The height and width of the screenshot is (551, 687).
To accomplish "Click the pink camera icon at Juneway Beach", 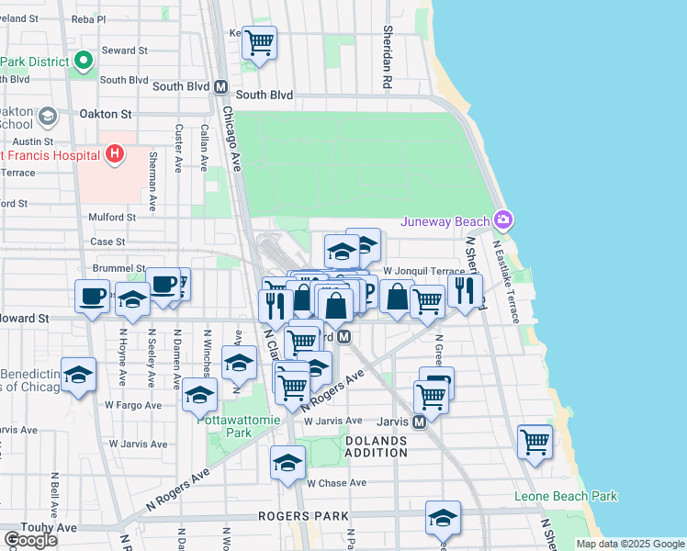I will pos(502,219).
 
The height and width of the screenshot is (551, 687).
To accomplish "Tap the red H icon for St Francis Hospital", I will pos(114,152).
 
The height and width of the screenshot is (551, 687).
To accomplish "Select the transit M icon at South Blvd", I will pos(220,86).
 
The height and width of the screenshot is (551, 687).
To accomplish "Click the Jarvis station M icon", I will pos(419,422).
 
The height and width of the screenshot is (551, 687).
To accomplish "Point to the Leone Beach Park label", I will pos(566,497).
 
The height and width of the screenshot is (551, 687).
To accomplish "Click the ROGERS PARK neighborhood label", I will pos(293,516).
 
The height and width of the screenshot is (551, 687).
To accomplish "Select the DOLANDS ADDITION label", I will pos(376,446).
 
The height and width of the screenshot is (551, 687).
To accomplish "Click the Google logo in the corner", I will pos(30,539).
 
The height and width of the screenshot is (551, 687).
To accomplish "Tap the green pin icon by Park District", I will pos(84,62).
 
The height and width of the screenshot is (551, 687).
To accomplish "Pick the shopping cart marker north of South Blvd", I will pos(260,41).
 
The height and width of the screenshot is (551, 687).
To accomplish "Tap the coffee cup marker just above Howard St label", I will pos(91,297).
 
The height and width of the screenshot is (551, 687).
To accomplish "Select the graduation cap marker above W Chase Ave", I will pos(287,461).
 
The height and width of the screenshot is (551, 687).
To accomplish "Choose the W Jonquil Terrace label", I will pos(424,272).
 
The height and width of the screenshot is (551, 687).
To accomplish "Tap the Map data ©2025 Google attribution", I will pos(629,544).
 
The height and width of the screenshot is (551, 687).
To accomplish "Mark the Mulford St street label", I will pos(112,218).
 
